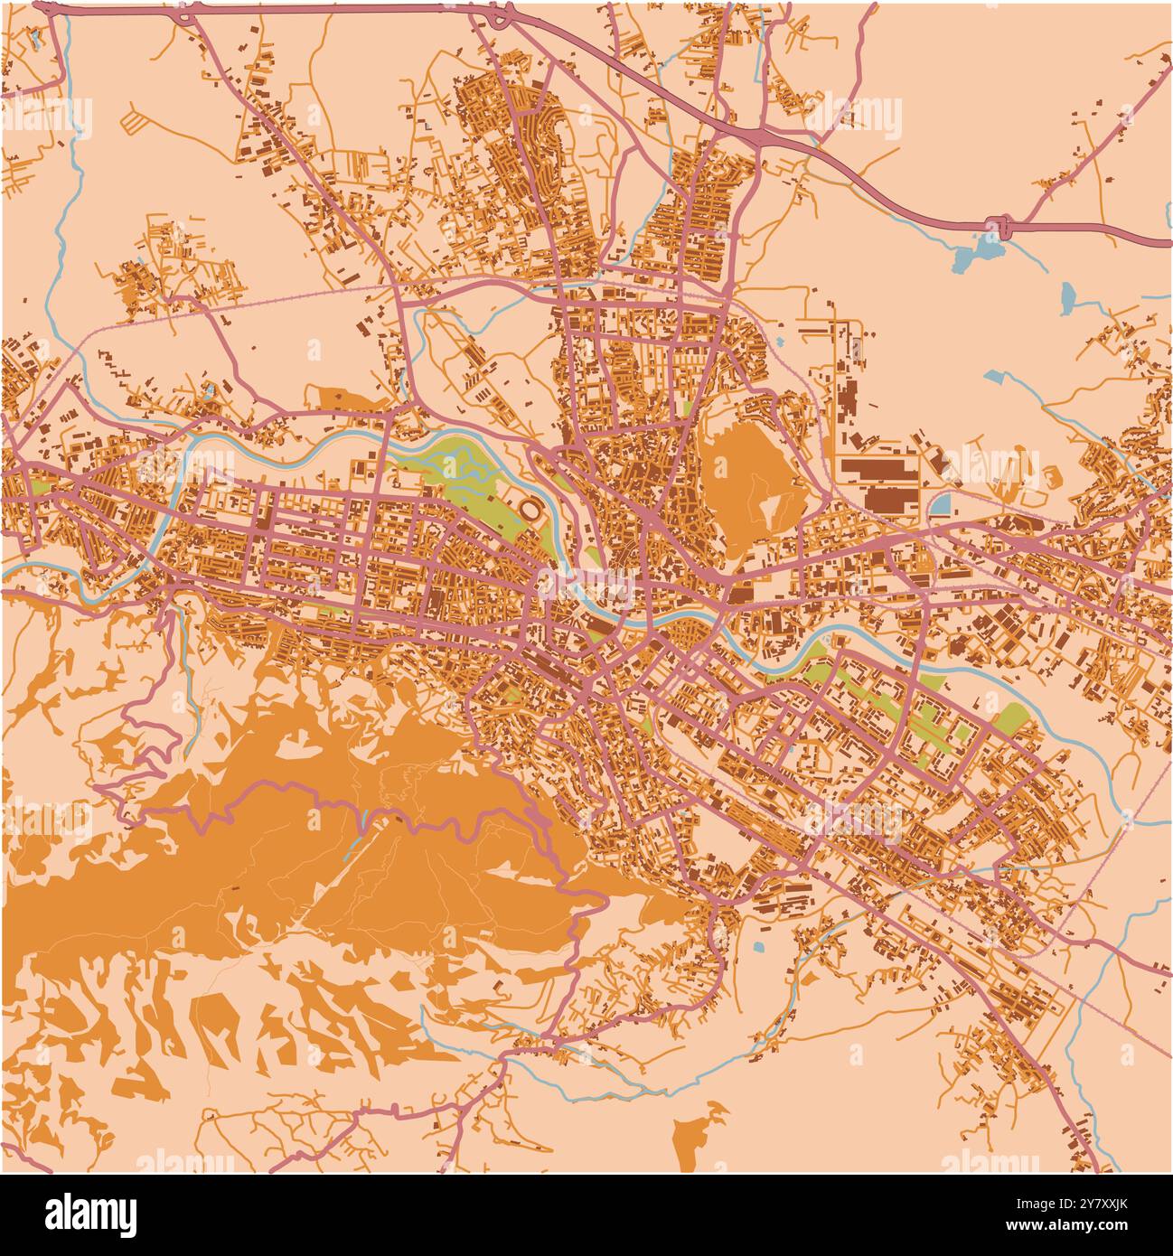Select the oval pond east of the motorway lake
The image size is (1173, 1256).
pos(1068,295)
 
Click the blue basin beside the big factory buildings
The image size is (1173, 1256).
pos(940,503)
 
